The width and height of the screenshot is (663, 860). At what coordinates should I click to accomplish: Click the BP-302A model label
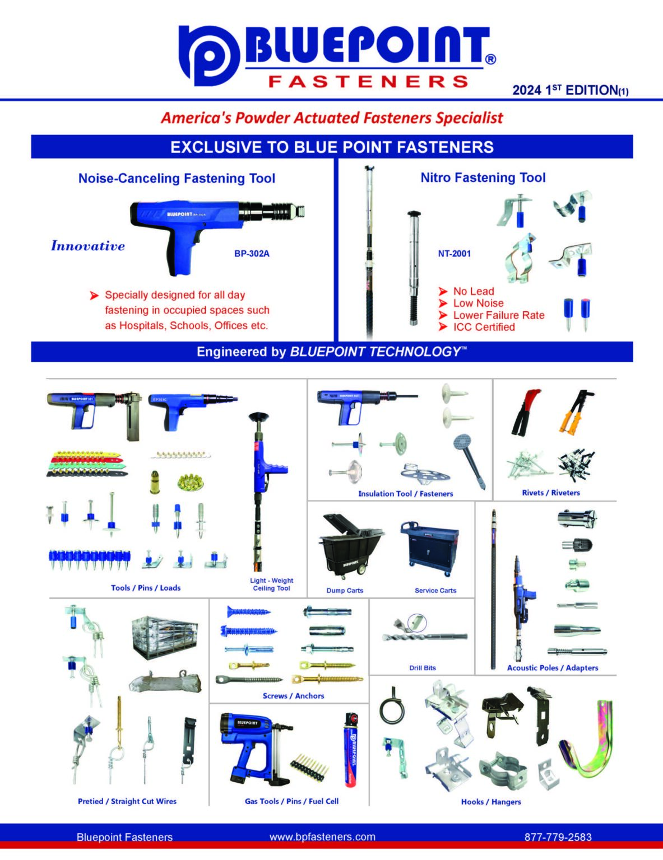[252, 254]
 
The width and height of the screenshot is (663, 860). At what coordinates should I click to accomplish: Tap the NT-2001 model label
[454, 254]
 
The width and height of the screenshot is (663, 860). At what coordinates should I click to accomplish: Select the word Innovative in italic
[88, 246]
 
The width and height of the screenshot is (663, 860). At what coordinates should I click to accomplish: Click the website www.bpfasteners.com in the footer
[322, 836]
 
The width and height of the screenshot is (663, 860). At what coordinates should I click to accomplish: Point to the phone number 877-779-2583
[558, 837]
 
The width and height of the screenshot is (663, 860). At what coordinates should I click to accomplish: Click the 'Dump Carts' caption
[345, 590]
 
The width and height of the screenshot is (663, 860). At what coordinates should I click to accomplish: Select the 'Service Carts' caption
[435, 590]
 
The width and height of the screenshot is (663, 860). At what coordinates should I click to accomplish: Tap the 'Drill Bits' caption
[422, 667]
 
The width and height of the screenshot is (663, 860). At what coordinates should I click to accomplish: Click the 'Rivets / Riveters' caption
[550, 493]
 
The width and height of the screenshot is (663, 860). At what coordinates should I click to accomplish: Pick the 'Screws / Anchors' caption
[293, 695]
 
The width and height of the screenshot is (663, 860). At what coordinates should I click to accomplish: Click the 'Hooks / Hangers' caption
[490, 802]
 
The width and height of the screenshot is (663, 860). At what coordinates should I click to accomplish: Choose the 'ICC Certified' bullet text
[484, 327]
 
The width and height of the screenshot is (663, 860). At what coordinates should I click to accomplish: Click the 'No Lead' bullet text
[474, 291]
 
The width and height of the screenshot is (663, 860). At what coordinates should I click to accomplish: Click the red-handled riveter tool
[525, 413]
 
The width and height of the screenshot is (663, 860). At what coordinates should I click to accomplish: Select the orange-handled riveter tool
[576, 413]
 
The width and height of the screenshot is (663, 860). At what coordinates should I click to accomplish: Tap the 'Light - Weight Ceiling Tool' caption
[272, 584]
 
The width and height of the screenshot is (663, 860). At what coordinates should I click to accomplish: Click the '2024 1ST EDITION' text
[570, 90]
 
